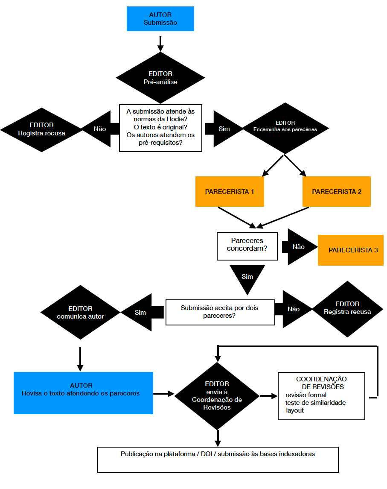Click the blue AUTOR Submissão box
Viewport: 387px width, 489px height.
coord(160,19)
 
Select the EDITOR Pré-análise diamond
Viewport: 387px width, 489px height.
coord(160,78)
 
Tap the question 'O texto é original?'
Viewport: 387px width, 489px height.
coord(160,127)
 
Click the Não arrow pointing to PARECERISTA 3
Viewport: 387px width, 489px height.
coord(301,247)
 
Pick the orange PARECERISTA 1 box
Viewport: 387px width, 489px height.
coord(230,192)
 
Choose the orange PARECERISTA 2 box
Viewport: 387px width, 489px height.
coord(337,192)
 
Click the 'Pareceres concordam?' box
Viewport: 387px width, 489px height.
coord(247,246)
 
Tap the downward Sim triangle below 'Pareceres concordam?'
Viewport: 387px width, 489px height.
coord(247,278)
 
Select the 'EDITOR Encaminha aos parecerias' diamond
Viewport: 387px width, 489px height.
coord(285,126)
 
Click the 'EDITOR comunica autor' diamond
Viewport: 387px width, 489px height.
coord(81,312)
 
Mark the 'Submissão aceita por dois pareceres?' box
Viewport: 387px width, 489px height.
coord(220,312)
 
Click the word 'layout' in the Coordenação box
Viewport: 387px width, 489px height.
coord(295,410)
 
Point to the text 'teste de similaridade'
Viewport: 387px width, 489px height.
coord(315,403)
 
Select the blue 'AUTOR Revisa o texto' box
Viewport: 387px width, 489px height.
coord(83,393)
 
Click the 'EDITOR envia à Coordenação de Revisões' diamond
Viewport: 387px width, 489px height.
coord(217,396)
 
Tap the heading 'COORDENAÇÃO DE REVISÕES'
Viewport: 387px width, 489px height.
coord(321,383)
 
